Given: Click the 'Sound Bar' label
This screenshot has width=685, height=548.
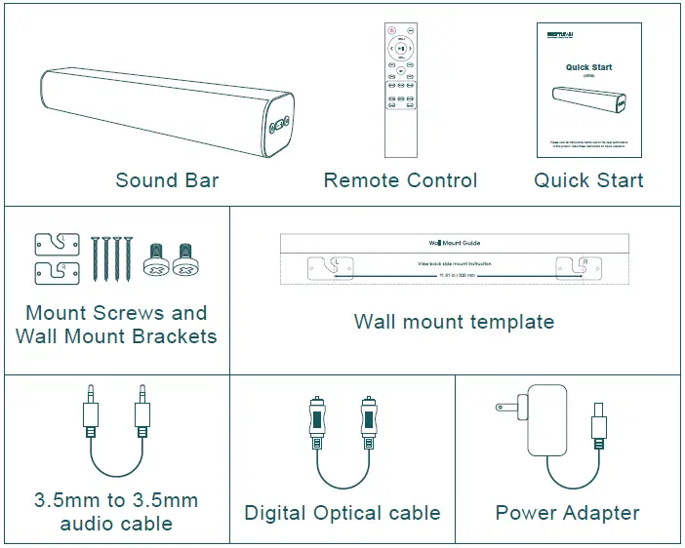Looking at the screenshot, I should coord(167,180).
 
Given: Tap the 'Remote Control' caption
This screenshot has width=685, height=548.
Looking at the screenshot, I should coord(400,180).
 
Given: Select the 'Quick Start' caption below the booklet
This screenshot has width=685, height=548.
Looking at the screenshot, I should coord(588,180).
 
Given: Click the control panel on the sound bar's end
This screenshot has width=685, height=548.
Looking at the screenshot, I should coord(278,125).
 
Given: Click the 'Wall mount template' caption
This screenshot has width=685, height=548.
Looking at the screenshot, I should coord(454,322).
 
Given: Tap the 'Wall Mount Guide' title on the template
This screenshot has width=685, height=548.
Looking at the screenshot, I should coord(455,242).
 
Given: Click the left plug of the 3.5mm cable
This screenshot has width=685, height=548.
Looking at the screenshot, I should coord(90,414).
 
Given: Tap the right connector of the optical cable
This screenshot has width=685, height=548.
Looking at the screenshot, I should coord(368,421).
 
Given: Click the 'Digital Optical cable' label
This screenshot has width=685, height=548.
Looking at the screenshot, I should coord(342,513).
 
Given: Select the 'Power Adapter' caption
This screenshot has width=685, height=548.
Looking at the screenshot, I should coord(567,513).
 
